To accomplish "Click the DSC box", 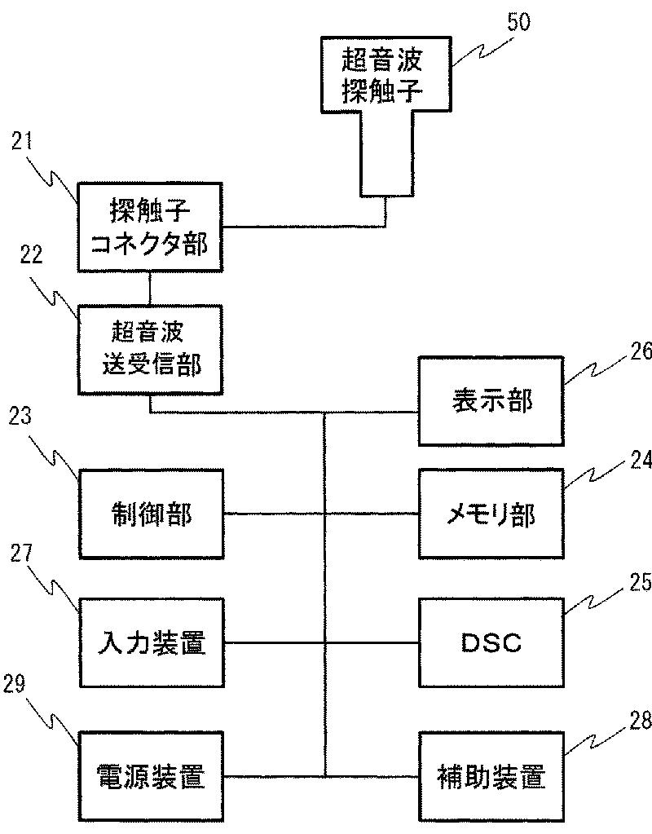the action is (x=491, y=642).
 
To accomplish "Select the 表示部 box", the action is (x=491, y=401).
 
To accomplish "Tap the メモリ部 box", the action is (x=491, y=514).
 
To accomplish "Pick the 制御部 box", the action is (x=151, y=514).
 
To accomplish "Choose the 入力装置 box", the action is (x=152, y=642).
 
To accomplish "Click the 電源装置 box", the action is (x=152, y=777).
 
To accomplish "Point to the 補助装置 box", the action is (x=491, y=777).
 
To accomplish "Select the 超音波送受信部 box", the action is (x=151, y=350).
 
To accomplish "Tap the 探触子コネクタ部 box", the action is (x=151, y=227).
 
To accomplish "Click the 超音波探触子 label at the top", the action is (x=382, y=75).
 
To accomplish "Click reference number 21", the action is (x=22, y=142).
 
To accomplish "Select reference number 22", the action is (x=31, y=255).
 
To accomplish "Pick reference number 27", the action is (x=22, y=554).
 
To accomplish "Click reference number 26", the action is (x=641, y=351).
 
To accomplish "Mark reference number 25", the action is (x=641, y=582).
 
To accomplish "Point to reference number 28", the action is (x=641, y=721).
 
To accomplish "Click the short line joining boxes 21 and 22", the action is (x=151, y=289).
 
